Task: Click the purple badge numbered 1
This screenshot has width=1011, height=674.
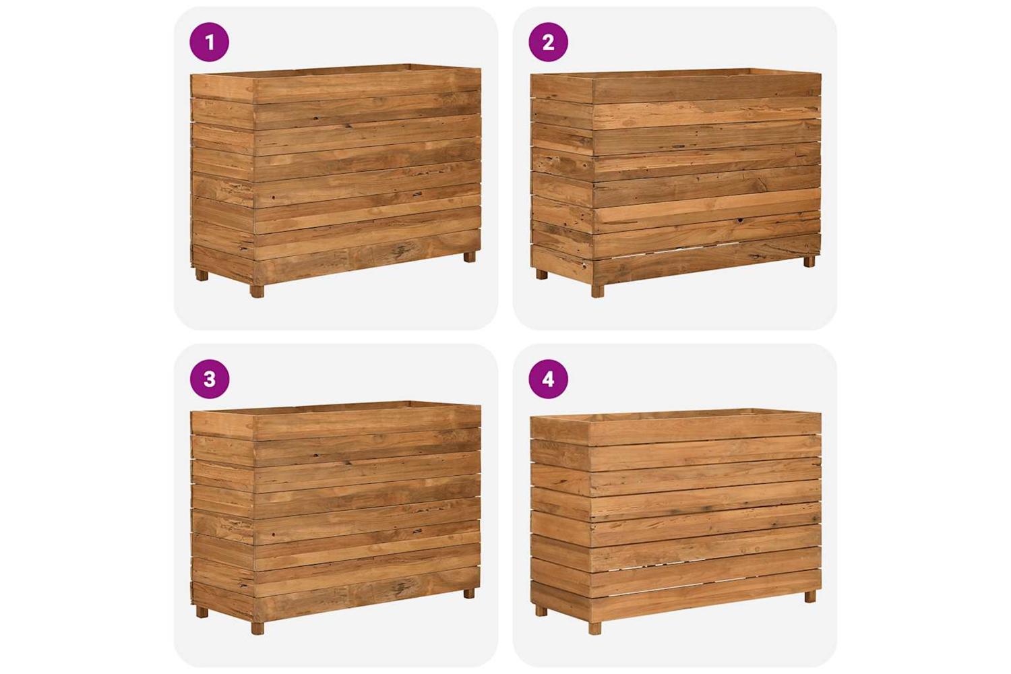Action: pyautogui.click(x=210, y=42)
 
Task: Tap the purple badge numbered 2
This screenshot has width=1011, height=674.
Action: pyautogui.click(x=548, y=42)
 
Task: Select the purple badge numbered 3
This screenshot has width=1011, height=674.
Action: pyautogui.click(x=210, y=379)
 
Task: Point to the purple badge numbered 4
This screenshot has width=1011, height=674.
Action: pyautogui.click(x=548, y=379)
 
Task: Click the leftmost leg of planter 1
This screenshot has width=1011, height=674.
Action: pyautogui.click(x=202, y=275)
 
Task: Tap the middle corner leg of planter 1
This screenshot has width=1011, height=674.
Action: pyautogui.click(x=257, y=291)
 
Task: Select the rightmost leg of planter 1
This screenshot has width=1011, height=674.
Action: pyautogui.click(x=469, y=257)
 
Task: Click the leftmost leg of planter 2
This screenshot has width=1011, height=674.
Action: pyautogui.click(x=541, y=274)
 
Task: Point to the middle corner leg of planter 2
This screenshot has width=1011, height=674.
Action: pyautogui.click(x=598, y=290)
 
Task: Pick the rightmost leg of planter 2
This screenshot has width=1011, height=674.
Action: pyautogui.click(x=809, y=262)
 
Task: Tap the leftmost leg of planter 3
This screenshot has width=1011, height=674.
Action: pyautogui.click(x=202, y=612)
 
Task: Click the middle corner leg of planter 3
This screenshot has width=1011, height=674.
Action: pyautogui.click(x=258, y=628)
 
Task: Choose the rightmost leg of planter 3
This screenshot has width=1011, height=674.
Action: pyautogui.click(x=469, y=593)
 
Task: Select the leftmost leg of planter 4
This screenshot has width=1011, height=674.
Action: pyautogui.click(x=541, y=611)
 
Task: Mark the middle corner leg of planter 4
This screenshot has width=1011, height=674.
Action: pyautogui.click(x=595, y=628)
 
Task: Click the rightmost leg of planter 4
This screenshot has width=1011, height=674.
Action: pyautogui.click(x=810, y=596)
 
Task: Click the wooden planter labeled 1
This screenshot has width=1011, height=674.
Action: pyautogui.click(x=336, y=181)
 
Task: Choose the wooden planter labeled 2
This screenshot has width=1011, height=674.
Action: pyautogui.click(x=675, y=183)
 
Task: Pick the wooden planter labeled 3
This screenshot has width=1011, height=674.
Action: pyautogui.click(x=336, y=518)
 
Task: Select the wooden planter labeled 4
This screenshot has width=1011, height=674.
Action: pyautogui.click(x=675, y=522)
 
